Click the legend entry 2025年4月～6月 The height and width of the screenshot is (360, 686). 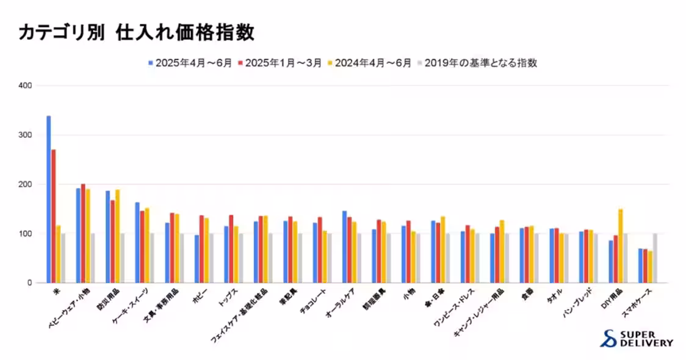point(189,63)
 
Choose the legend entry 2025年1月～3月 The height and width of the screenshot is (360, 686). point(280,63)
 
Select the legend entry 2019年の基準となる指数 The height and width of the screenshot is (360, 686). point(476,63)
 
